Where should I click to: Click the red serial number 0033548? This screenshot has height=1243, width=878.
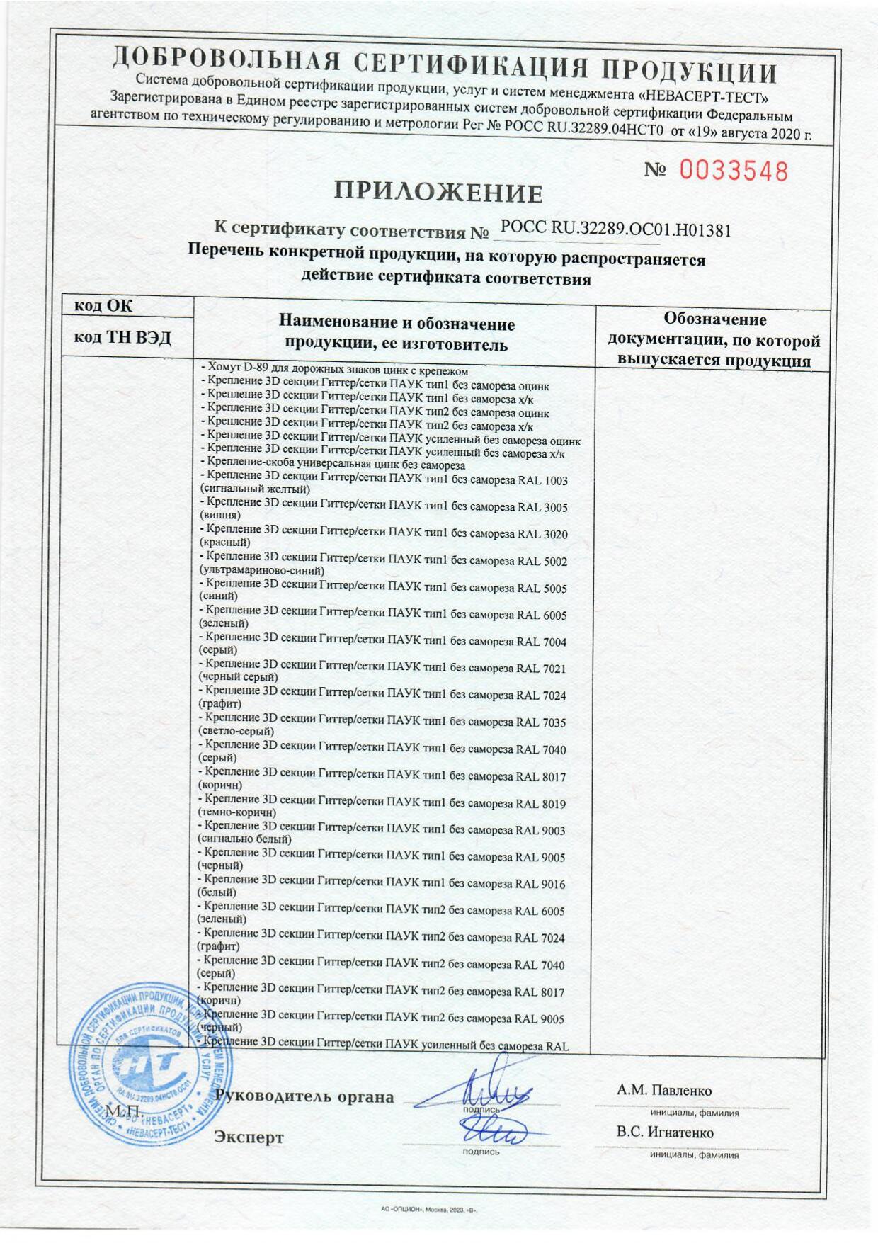[x=734, y=171]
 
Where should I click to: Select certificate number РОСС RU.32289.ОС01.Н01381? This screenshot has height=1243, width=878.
[x=615, y=228]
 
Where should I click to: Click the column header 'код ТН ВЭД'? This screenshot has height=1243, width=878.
[x=122, y=338]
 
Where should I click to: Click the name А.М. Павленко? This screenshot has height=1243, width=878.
[x=663, y=1090]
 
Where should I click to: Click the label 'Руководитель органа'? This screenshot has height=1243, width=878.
[x=304, y=1097]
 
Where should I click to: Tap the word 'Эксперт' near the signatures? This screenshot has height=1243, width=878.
[x=249, y=1137]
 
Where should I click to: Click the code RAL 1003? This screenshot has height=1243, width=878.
[x=542, y=480]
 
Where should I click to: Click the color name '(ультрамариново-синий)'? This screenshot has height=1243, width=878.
[x=262, y=569]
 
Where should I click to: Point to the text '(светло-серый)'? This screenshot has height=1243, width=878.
[x=236, y=731]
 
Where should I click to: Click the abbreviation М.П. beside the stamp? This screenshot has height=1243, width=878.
[x=125, y=1111]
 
